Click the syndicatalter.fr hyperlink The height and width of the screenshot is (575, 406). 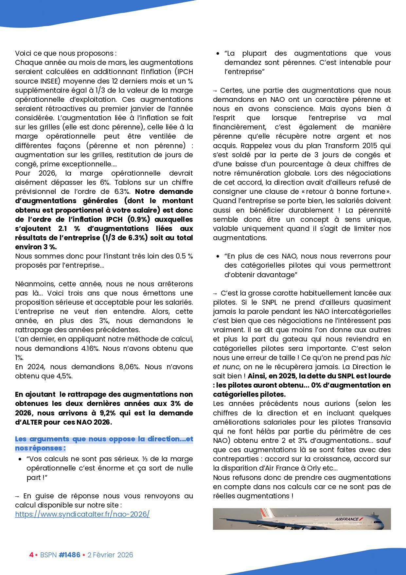(82, 514)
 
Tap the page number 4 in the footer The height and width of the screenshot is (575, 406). (31, 555)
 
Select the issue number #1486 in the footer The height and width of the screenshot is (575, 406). (69, 555)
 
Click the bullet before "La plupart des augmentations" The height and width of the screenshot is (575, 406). (218, 54)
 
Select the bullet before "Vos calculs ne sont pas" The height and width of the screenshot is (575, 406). (20, 459)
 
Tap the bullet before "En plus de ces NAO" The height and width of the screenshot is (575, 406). (218, 256)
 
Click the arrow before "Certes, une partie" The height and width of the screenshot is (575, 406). (215, 90)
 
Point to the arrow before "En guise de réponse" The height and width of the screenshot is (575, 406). (17, 496)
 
